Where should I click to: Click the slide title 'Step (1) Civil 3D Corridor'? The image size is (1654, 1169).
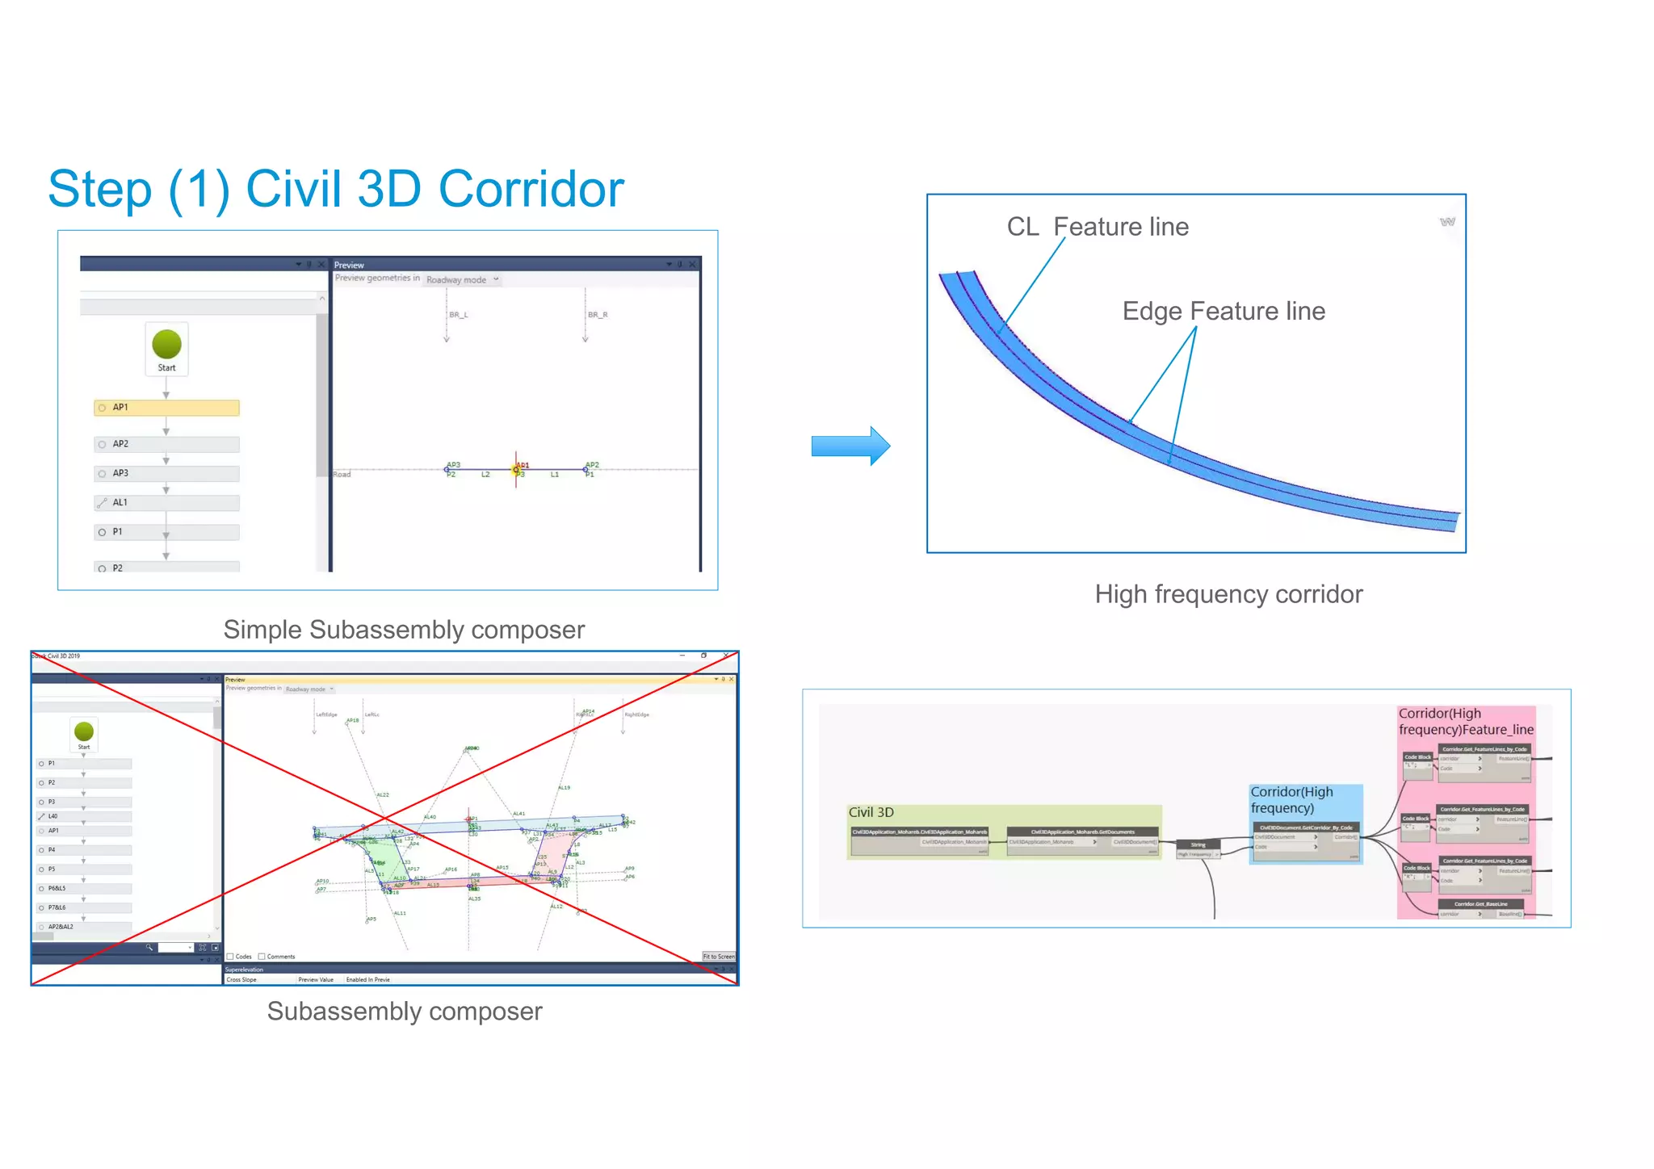[336, 190]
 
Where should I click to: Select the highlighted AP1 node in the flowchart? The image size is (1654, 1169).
[166, 408]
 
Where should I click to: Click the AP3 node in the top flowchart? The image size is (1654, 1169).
[166, 473]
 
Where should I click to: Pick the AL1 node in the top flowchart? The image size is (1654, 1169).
[166, 503]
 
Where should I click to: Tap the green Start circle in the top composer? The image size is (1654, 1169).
[166, 345]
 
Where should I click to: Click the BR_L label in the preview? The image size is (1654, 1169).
[458, 315]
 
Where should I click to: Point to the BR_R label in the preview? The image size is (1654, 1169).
[598, 315]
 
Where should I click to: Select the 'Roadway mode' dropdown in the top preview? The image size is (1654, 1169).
[462, 280]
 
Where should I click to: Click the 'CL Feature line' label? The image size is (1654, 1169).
[1098, 227]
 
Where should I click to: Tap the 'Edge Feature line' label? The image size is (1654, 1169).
[1224, 311]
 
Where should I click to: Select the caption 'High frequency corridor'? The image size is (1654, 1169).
[1228, 594]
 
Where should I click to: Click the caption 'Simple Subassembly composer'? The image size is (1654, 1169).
[404, 630]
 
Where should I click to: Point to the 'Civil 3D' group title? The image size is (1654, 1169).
[871, 812]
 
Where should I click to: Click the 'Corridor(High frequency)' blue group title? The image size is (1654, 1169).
[1291, 799]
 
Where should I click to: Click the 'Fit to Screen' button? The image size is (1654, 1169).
[718, 957]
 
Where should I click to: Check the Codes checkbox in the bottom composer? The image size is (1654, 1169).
[230, 957]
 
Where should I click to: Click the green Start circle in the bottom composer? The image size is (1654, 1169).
[84, 731]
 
